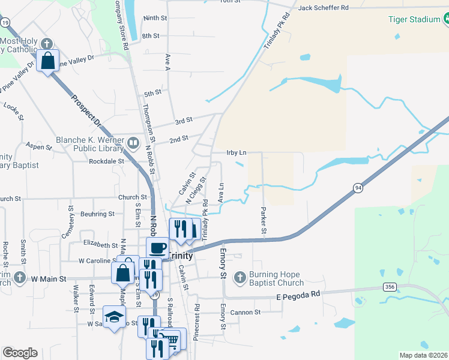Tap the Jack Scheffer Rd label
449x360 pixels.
[x=323, y=8]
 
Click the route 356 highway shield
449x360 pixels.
[x=390, y=287]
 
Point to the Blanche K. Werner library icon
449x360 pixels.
[x=133, y=143]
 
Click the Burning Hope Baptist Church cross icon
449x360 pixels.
[x=240, y=277]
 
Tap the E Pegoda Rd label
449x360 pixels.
[x=298, y=296]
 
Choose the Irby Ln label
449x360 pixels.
[x=237, y=152]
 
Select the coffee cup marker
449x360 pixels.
[x=158, y=247]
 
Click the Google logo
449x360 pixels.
[x=20, y=352]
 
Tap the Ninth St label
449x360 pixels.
[x=155, y=18]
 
